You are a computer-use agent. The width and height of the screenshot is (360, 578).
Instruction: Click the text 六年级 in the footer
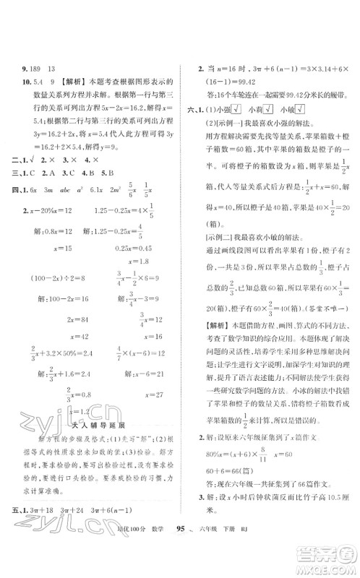click(x=281, y=561)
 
